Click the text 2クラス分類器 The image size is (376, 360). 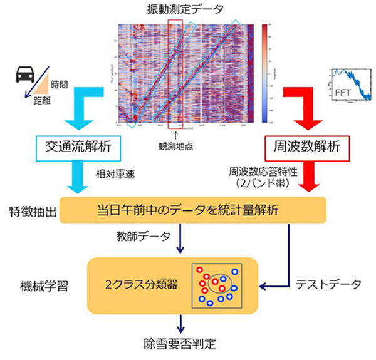[145, 284]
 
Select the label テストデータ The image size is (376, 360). [328, 284]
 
